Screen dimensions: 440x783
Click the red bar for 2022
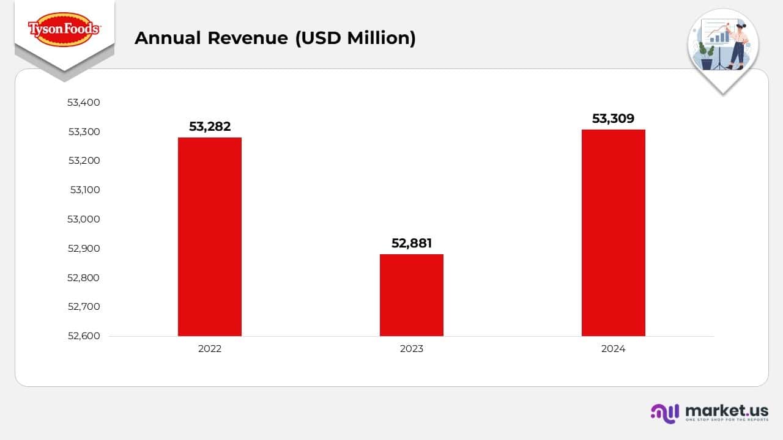click(x=210, y=237)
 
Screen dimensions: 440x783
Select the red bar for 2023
click(x=412, y=295)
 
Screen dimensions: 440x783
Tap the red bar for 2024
click(x=614, y=232)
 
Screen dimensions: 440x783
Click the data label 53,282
click(x=210, y=127)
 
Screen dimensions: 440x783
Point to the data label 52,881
click(x=412, y=243)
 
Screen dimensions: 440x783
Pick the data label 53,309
click(x=614, y=119)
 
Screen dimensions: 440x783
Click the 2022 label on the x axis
click(x=210, y=349)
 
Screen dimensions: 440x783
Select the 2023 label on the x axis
click(x=412, y=349)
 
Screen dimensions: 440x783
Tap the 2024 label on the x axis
click(x=614, y=349)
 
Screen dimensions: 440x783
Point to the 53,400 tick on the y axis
click(x=84, y=102)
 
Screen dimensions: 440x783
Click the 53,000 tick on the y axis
click(x=84, y=219)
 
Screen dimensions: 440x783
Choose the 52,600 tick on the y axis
click(x=84, y=335)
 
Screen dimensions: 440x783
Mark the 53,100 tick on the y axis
click(x=85, y=189)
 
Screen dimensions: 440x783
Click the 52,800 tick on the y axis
click(x=84, y=277)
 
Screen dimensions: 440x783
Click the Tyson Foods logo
click(x=64, y=29)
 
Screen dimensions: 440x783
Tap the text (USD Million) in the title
click(x=355, y=38)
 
